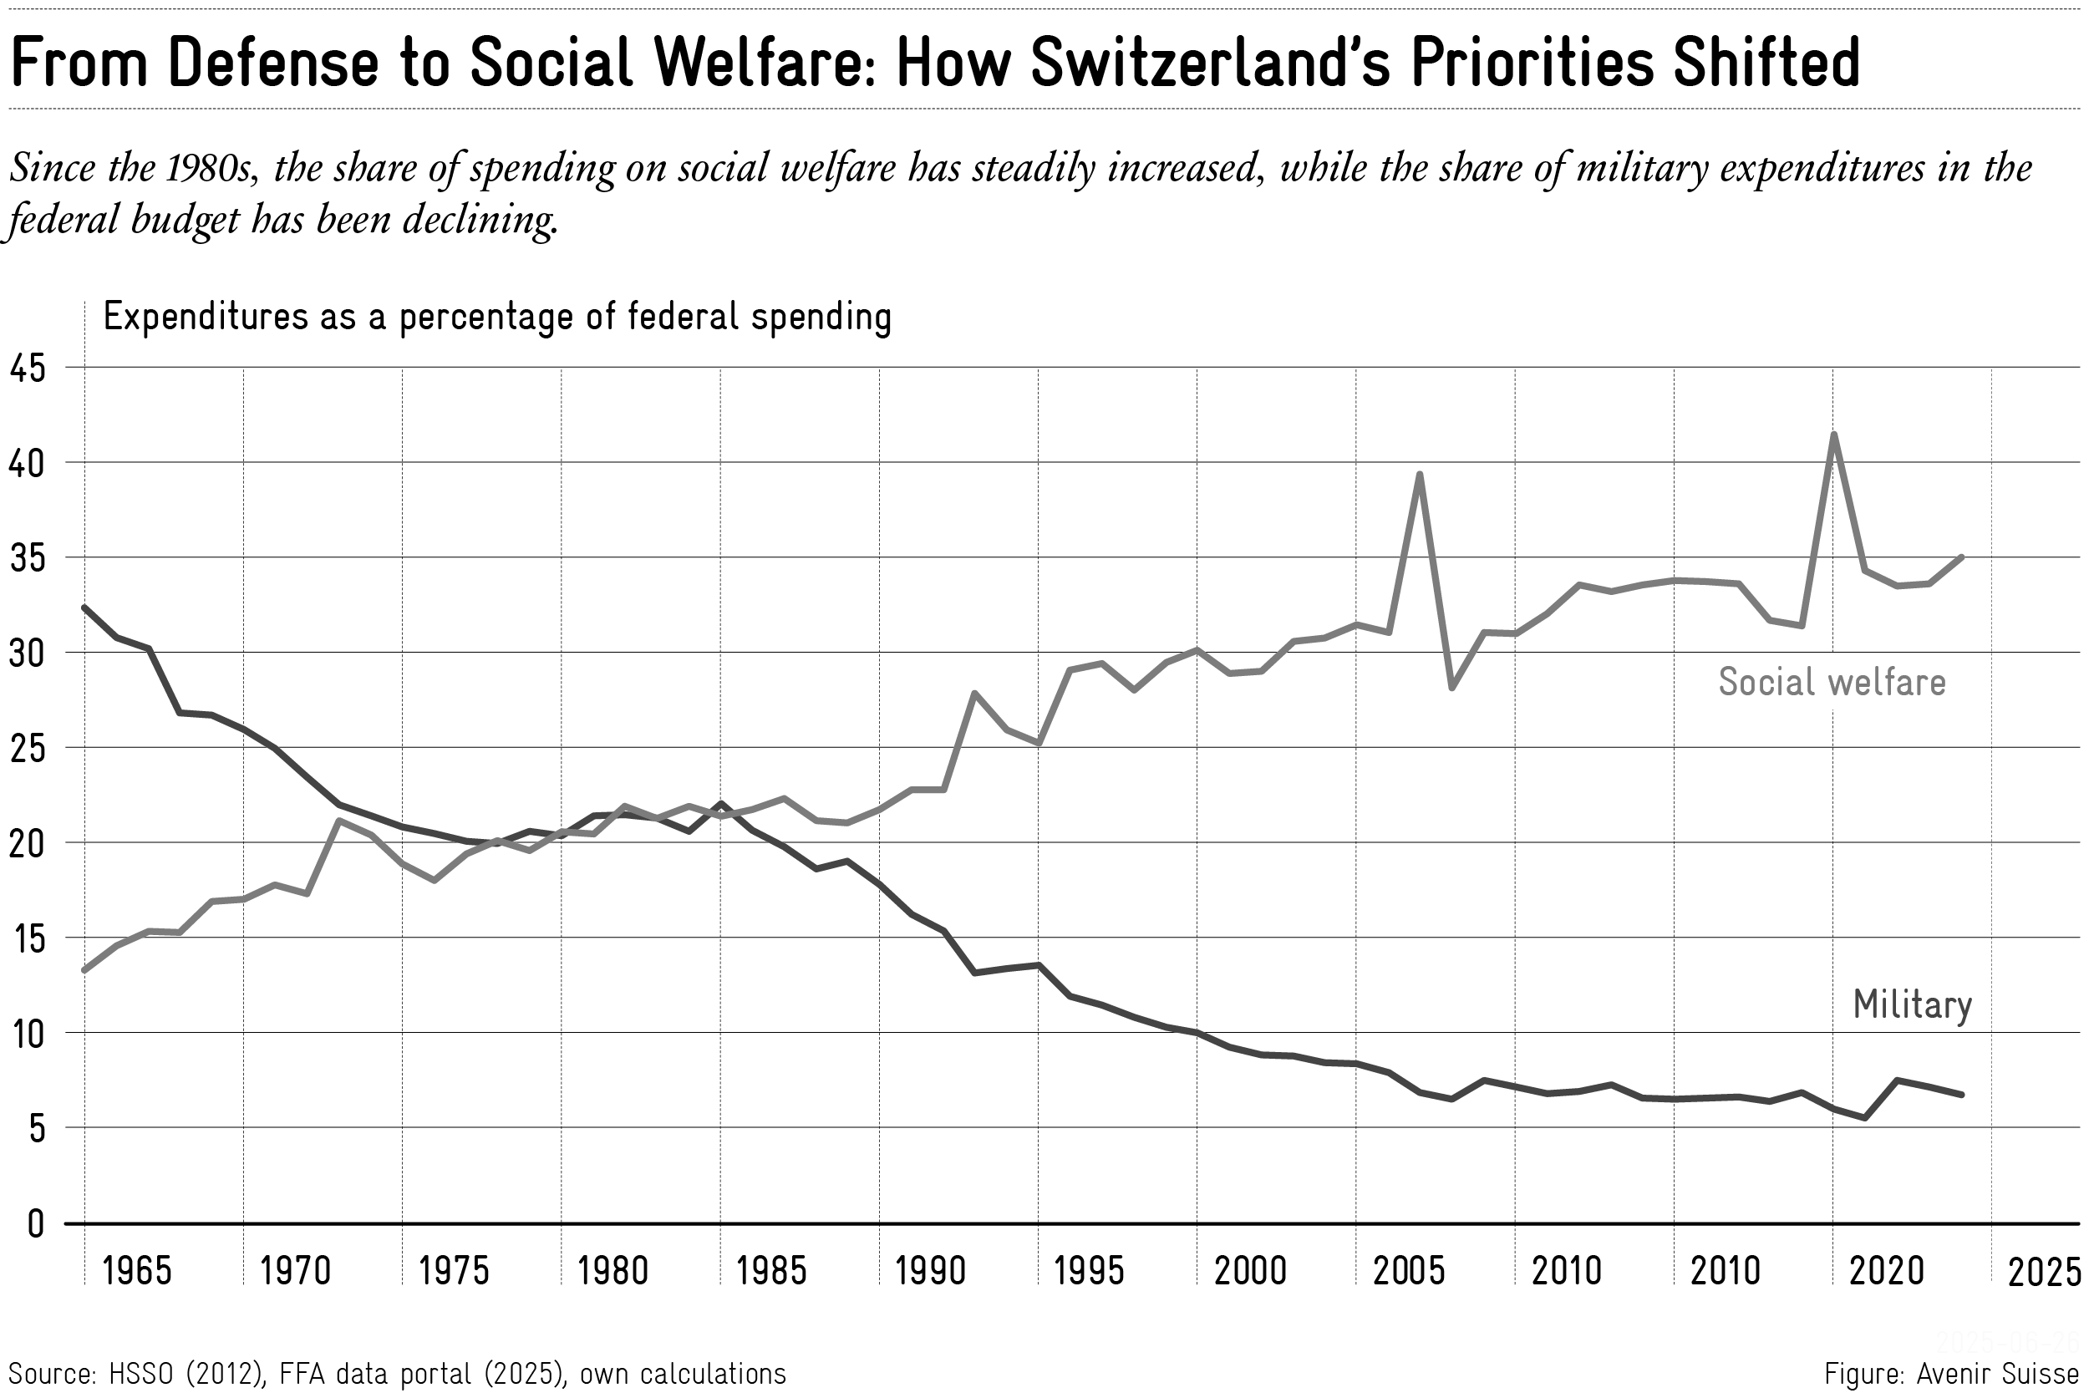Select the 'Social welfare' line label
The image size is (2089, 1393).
tap(1832, 682)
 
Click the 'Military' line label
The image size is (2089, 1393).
tap(1911, 1004)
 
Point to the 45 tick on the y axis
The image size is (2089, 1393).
tap(28, 368)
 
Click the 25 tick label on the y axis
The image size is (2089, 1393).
tap(28, 749)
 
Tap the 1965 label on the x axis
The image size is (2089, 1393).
tap(136, 1271)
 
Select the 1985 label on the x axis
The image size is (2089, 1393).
tap(771, 1271)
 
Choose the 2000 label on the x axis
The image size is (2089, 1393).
tap(1250, 1271)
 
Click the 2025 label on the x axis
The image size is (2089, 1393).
tap(2044, 1273)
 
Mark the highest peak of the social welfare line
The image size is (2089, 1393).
tap(1833, 435)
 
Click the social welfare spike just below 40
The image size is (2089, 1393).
tap(1420, 475)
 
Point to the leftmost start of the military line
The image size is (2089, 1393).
tap(84, 608)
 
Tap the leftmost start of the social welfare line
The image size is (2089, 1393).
tap(84, 970)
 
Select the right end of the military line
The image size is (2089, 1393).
tap(1961, 1095)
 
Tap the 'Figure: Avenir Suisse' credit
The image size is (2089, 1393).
tap(1951, 1374)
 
